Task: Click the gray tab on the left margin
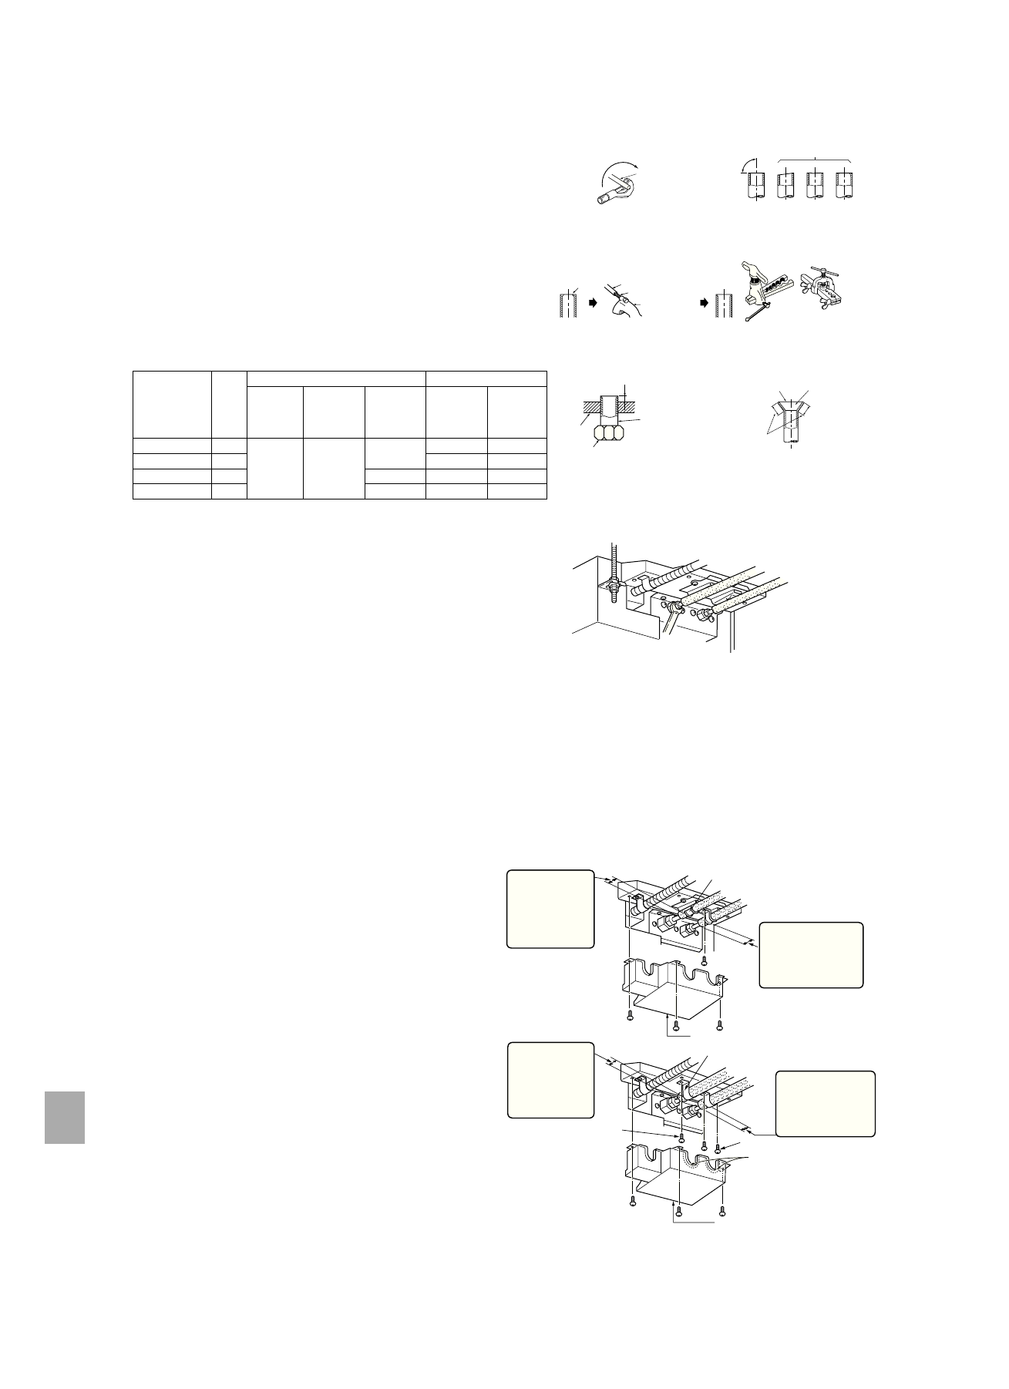coord(64,1117)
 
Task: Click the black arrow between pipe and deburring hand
coord(593,304)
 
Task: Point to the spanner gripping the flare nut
coord(671,616)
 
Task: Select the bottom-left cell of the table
coord(172,492)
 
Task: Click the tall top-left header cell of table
coord(172,404)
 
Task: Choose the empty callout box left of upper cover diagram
coord(550,909)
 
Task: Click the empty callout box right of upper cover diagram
coord(811,955)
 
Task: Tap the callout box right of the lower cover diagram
coord(825,1103)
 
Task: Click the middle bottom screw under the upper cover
coord(677,1024)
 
